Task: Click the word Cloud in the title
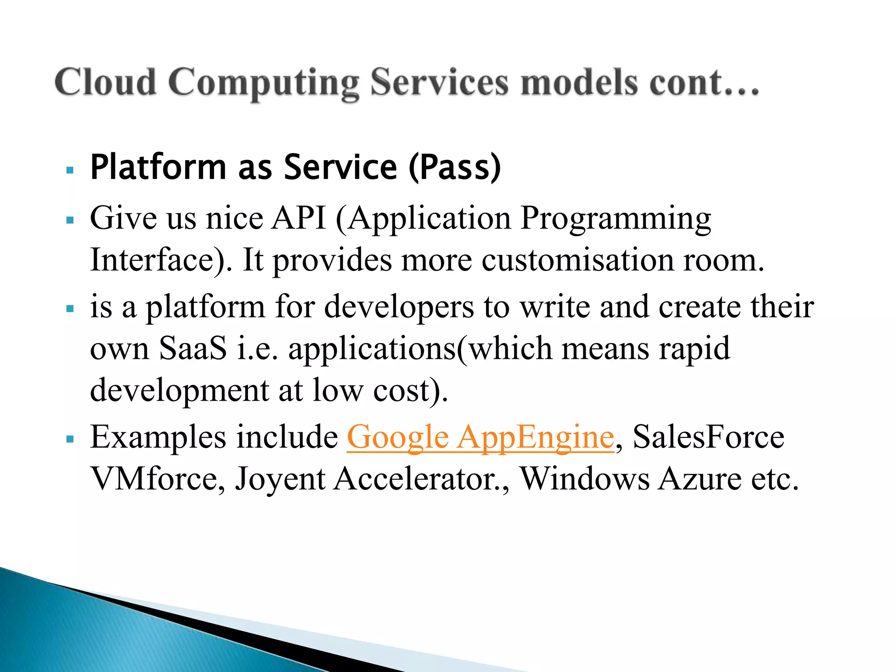(x=105, y=82)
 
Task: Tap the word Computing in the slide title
(x=263, y=83)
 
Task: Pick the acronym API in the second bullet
(x=298, y=218)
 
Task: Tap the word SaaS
(x=192, y=348)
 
